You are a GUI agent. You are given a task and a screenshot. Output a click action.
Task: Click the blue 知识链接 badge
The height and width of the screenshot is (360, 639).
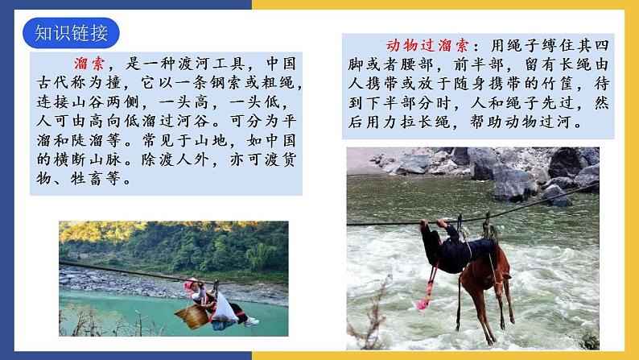(x=71, y=33)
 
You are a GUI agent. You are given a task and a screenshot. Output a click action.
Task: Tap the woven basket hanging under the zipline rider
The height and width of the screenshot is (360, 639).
(x=193, y=317)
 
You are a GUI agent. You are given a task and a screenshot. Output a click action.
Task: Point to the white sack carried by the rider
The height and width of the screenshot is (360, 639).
(x=225, y=308)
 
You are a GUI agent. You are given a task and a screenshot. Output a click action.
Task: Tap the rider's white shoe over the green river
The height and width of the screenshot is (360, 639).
(x=251, y=321)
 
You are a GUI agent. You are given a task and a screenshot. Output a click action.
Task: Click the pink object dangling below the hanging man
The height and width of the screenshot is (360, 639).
(x=423, y=304)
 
